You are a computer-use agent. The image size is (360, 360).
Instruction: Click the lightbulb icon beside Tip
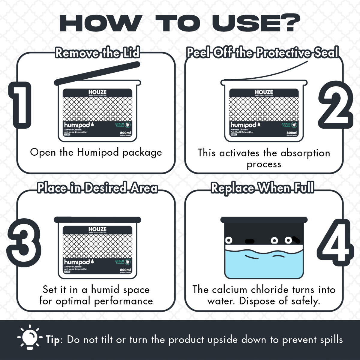[x=30, y=337]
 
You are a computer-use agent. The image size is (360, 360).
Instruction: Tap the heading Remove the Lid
[x=97, y=53]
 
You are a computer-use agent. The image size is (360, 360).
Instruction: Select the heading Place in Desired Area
[x=97, y=188]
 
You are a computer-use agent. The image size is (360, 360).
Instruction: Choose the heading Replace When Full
[x=262, y=188]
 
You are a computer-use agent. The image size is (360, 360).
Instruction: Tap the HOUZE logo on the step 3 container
[x=97, y=229]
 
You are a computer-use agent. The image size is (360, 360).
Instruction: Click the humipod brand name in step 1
[x=77, y=124]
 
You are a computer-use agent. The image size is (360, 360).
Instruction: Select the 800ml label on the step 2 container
[x=292, y=133]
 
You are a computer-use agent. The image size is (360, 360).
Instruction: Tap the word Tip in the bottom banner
[x=54, y=340]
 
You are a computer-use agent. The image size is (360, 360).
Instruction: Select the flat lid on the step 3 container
[x=97, y=220]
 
